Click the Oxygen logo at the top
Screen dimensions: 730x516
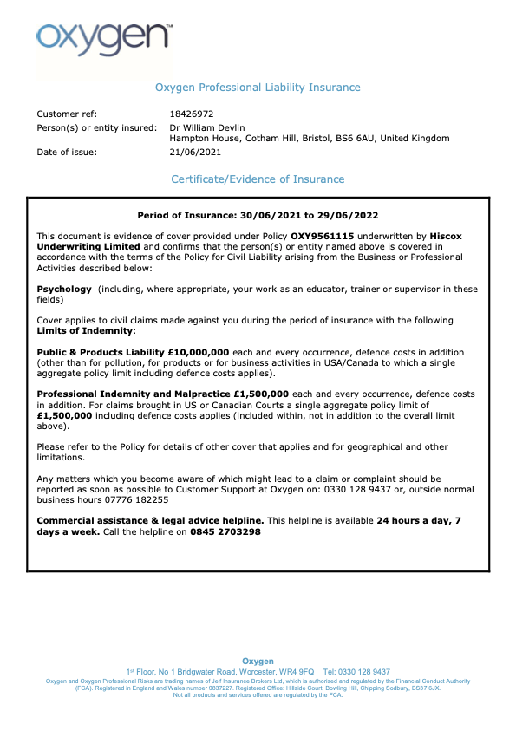[x=103, y=37]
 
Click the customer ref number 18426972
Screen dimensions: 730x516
[x=191, y=114]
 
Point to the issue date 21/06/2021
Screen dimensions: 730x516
[x=195, y=153]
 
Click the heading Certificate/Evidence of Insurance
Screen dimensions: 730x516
[x=258, y=179]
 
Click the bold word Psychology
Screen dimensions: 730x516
[x=63, y=290]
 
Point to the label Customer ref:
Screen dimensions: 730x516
[x=67, y=114]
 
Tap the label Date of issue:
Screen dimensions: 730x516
[x=67, y=153]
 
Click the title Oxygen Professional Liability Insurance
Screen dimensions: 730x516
[x=258, y=88]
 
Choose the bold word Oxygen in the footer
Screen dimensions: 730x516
[x=258, y=662]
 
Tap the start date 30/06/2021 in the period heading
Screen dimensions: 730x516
[x=270, y=215]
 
